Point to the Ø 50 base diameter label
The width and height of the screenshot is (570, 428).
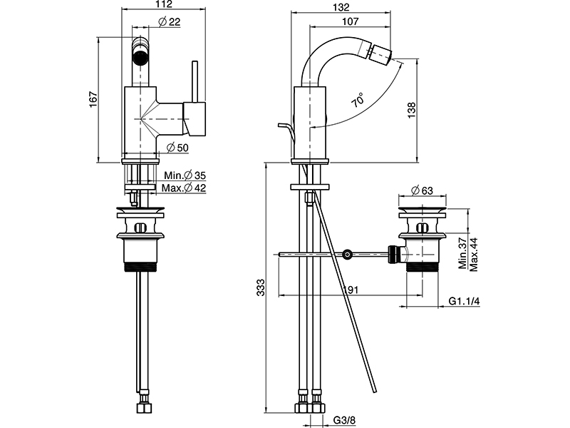pos(177,148)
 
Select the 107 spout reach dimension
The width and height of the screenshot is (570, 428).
pos(349,21)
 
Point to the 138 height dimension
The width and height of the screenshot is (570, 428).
pos(412,108)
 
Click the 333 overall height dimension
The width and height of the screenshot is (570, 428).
pos(261,287)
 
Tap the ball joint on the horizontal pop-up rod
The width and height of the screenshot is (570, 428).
pos(348,253)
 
